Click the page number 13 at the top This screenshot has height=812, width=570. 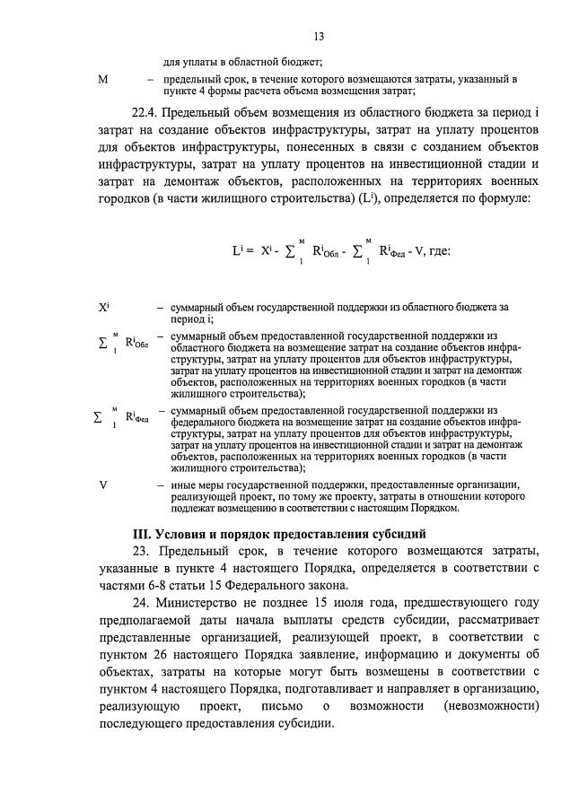coord(318,37)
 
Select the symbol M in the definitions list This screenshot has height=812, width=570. coord(102,80)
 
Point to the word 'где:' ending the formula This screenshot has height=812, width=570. coord(435,251)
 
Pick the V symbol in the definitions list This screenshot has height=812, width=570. coord(103,485)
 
